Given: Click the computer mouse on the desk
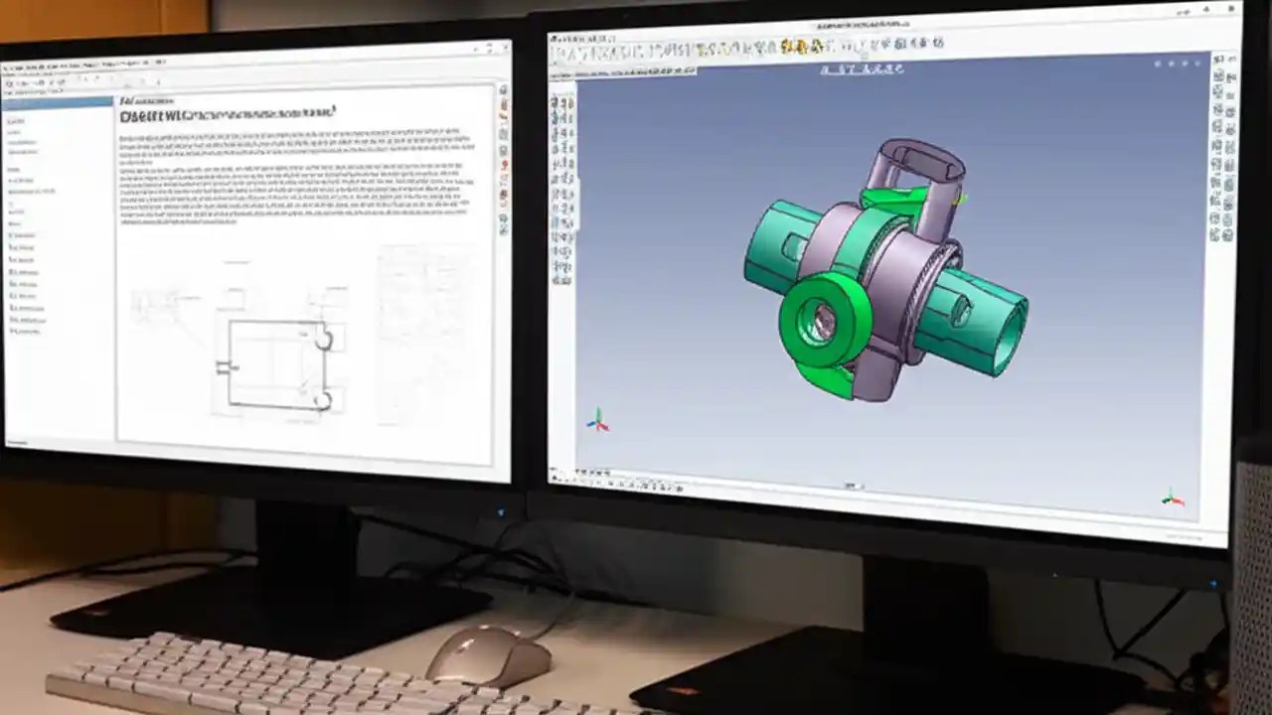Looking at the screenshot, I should [488, 655].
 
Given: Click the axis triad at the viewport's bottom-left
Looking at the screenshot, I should [597, 421].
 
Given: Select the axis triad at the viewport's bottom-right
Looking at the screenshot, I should [1172, 498].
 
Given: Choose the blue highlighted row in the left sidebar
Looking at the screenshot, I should [58, 102].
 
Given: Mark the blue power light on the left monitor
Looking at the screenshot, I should [502, 513].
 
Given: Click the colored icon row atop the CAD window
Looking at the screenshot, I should [795, 46].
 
